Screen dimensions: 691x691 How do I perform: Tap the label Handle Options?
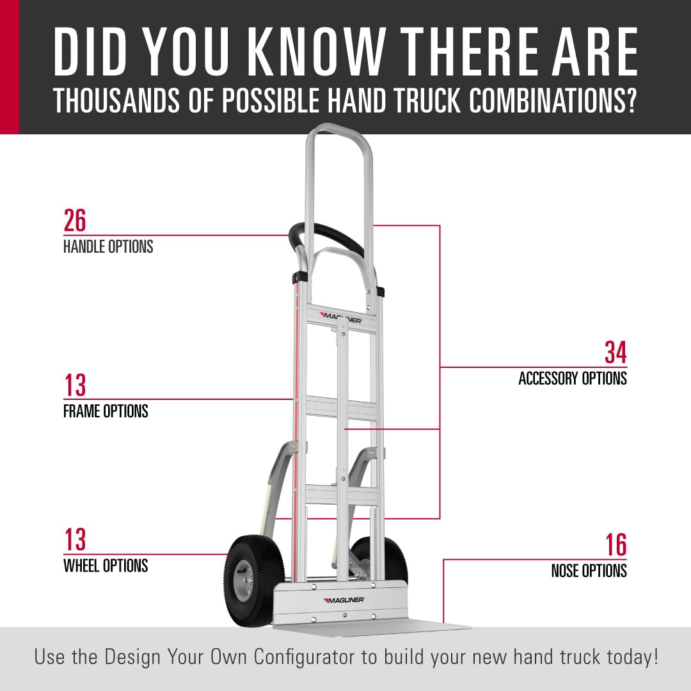108,247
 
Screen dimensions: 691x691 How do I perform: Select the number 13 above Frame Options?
75,385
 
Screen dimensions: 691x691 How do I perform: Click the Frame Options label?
106,411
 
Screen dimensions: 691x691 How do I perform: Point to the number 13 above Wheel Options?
75,539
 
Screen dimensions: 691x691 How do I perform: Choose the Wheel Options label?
106,566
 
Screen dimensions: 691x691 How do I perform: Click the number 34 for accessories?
616,353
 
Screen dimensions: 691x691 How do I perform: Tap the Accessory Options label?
573,379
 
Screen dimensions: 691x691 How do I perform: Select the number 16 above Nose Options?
616,545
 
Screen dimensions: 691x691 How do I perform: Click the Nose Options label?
589,571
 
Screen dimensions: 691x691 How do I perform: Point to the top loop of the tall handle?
339,128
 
